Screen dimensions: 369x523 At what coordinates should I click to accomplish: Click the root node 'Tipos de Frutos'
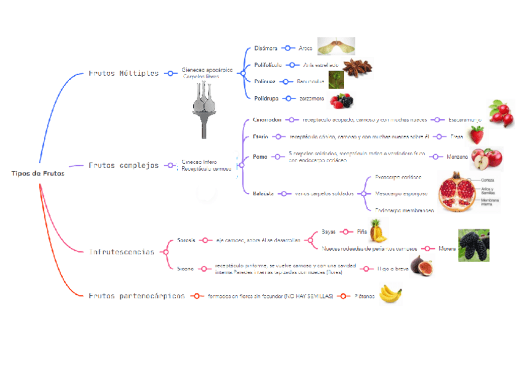[x=38, y=173]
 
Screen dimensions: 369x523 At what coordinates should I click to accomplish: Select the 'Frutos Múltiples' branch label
[x=123, y=73]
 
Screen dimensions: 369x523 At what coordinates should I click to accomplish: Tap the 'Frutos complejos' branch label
[x=123, y=165]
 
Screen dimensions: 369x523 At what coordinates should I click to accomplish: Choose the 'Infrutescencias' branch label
[x=122, y=252]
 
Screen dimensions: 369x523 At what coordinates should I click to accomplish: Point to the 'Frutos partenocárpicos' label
[x=136, y=296]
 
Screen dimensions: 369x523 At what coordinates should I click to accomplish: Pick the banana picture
[x=390, y=294]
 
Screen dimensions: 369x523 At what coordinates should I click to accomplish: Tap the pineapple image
[x=378, y=231]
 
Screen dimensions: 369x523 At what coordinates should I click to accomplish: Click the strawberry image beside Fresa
[x=476, y=134]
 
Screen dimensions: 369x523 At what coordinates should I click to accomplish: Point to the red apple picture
[x=487, y=159]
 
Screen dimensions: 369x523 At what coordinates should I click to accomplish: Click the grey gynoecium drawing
[x=206, y=110]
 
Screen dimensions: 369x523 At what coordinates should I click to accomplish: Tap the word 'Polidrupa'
[x=267, y=98]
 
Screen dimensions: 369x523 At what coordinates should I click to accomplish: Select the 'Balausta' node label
[x=263, y=193]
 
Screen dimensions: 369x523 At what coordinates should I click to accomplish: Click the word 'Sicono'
[x=185, y=269]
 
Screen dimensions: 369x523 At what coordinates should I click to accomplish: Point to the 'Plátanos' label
[x=364, y=296]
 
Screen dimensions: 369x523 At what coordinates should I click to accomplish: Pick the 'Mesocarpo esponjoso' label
[x=401, y=193]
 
